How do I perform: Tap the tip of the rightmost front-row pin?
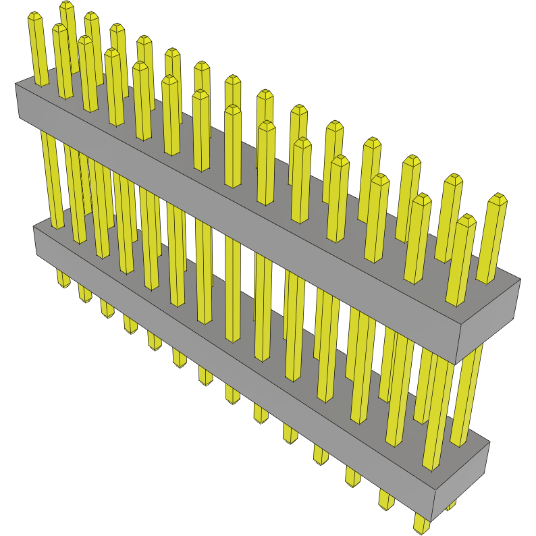pos(466,220)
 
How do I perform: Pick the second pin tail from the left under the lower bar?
pos(84,294)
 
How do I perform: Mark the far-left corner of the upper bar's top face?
pos(16,84)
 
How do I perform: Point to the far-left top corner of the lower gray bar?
pos(34,226)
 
